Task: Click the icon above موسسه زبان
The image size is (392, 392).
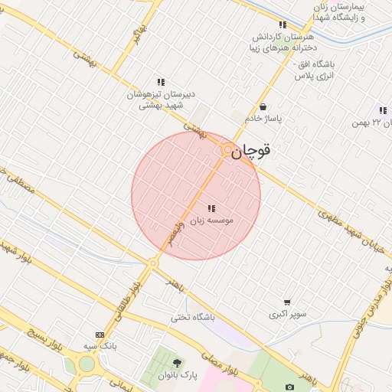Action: click(211, 207)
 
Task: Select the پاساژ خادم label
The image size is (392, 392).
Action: click(264, 119)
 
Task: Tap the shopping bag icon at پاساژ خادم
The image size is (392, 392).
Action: click(264, 107)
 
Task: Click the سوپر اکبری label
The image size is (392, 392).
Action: click(287, 314)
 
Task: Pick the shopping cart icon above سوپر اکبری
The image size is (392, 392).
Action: click(287, 302)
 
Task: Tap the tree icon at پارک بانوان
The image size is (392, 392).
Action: click(178, 363)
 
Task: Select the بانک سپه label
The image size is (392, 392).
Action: click(100, 346)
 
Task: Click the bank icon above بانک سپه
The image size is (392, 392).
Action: click(100, 335)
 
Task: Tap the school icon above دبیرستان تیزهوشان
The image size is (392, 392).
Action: click(161, 81)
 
